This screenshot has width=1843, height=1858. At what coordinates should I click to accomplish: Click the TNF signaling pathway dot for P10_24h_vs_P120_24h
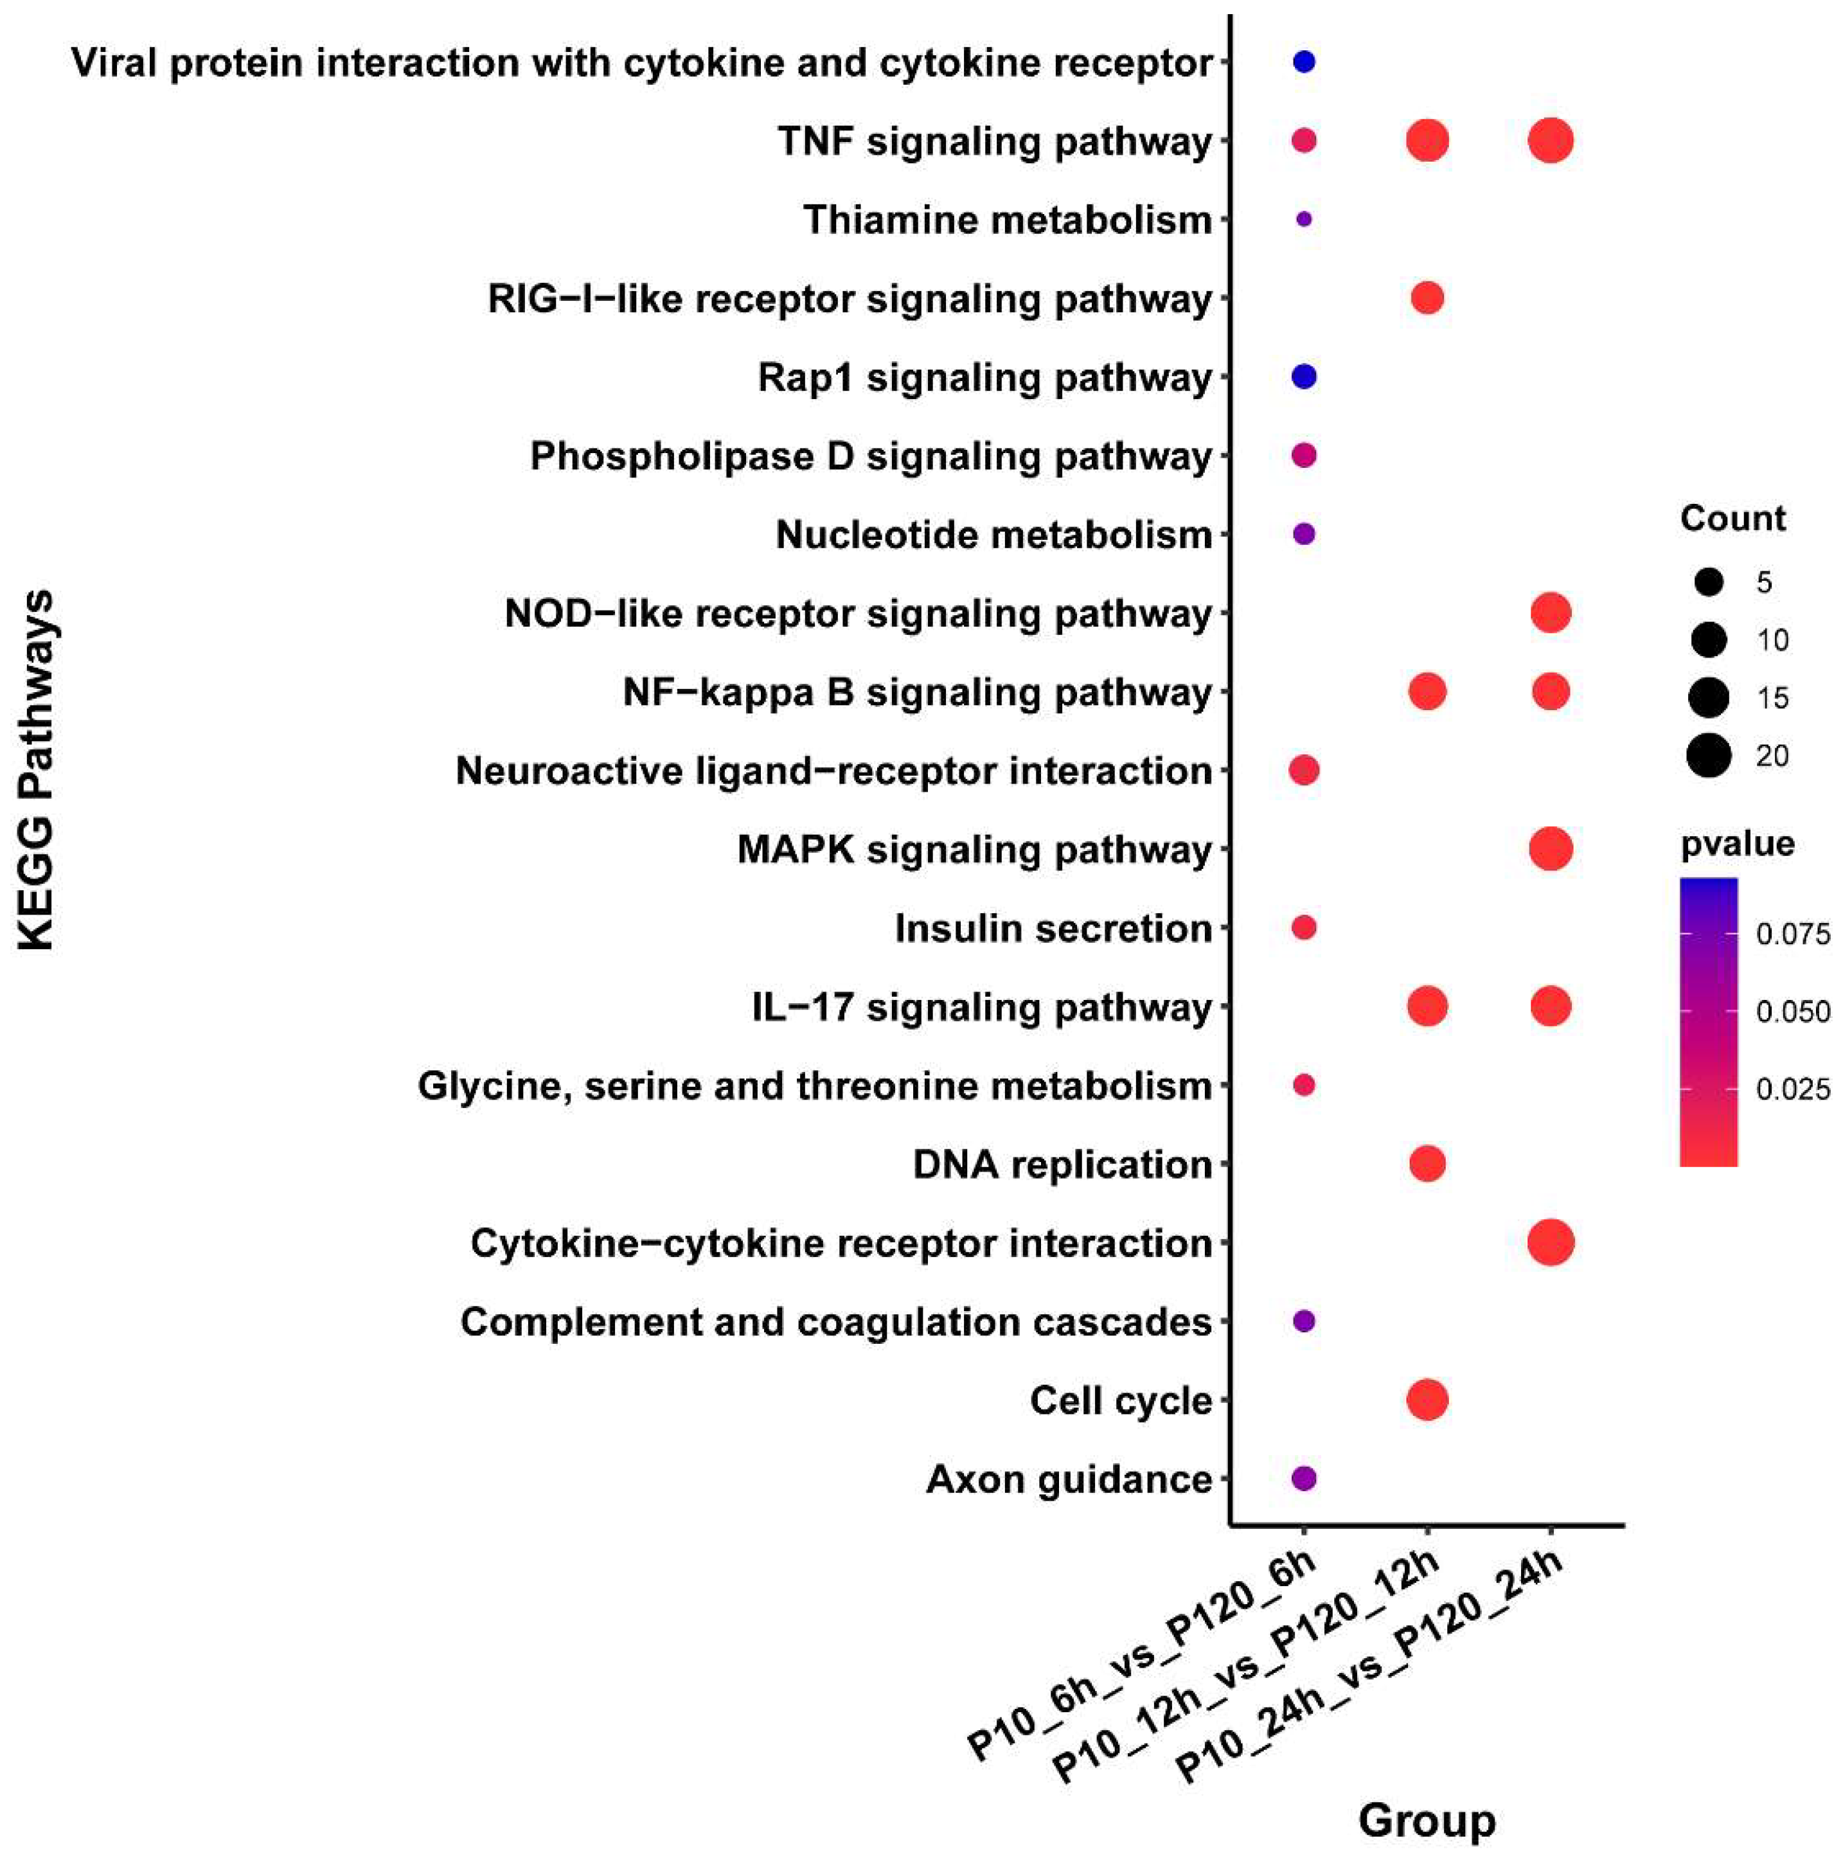(x=1550, y=141)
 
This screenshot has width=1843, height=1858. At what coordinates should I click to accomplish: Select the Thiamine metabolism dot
(x=1304, y=219)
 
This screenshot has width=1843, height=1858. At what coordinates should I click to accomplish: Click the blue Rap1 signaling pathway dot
(x=1304, y=377)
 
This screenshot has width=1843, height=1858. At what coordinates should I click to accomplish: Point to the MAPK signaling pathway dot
(x=1550, y=849)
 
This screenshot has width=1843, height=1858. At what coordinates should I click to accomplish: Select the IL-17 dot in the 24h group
(x=1550, y=1007)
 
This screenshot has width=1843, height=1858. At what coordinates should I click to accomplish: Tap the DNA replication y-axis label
(x=1062, y=1165)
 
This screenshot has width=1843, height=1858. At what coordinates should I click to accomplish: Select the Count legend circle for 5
(x=1709, y=581)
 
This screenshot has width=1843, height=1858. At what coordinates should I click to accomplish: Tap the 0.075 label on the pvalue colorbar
(x=1793, y=934)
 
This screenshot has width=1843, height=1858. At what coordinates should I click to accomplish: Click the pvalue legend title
(x=1737, y=843)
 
